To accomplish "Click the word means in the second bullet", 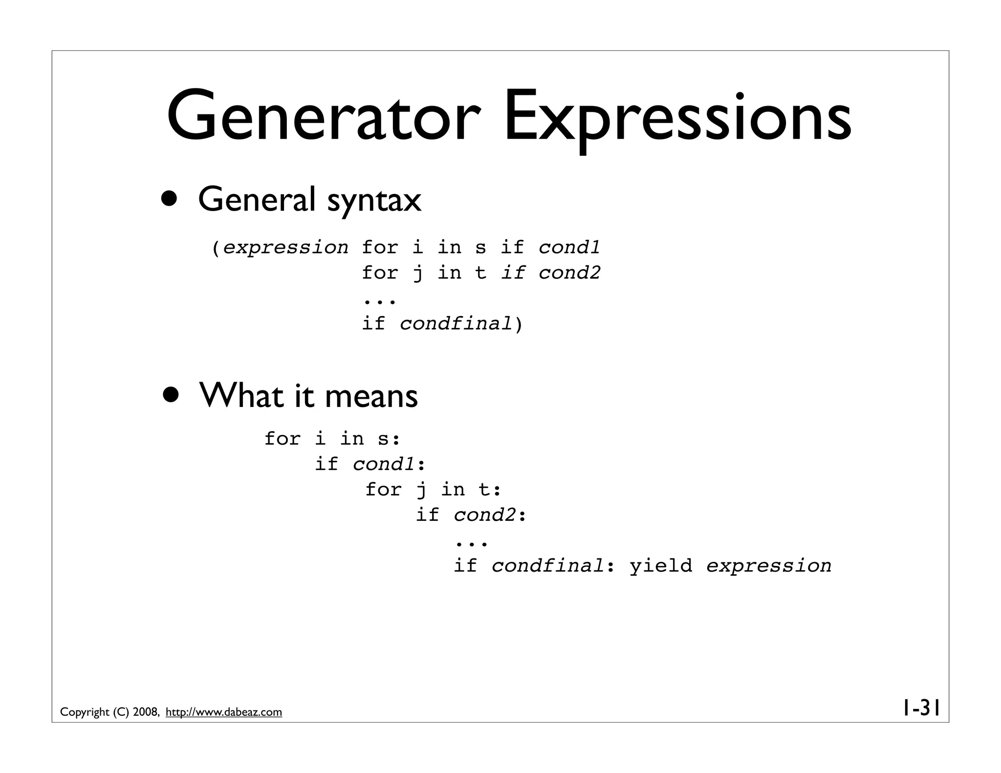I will (371, 396).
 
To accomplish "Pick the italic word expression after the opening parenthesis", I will (286, 247).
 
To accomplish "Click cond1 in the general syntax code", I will (569, 247).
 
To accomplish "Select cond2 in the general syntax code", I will (569, 272).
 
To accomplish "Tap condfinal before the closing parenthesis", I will (456, 323).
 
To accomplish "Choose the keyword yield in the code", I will (661, 565).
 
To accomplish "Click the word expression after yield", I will (769, 565).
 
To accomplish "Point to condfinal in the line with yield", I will (548, 565).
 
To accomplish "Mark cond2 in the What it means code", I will (484, 515).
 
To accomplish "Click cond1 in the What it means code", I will (384, 464).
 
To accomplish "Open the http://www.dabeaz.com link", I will (224, 712).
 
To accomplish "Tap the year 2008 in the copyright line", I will (145, 712).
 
